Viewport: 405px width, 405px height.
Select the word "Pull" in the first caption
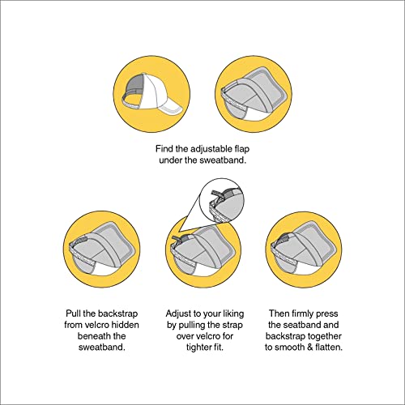[73, 313]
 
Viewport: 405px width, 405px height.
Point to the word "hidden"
[125, 325]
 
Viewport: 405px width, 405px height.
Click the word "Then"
[279, 313]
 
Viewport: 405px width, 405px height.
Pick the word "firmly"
[302, 313]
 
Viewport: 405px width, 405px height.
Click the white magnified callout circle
[222, 200]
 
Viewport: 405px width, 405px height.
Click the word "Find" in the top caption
[164, 149]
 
